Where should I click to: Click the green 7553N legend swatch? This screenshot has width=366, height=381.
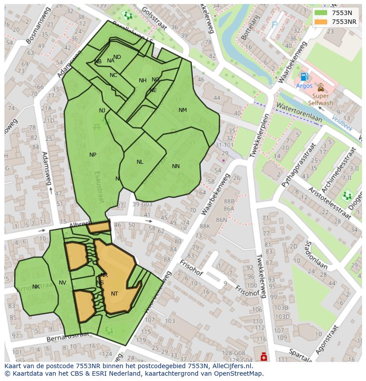tap(321, 13)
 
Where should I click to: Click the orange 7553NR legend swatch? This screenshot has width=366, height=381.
tap(321, 22)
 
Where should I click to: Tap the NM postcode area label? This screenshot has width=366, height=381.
tap(183, 110)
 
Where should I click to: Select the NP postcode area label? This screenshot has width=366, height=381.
tap(93, 155)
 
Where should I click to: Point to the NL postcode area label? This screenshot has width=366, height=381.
tap(140, 162)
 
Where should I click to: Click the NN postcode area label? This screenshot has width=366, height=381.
tap(176, 166)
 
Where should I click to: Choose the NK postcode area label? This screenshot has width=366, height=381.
tap(36, 287)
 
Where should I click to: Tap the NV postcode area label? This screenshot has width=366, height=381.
tap(62, 283)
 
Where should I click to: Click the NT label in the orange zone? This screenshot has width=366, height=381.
tap(114, 293)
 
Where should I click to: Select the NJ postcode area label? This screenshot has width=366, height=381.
tap(102, 111)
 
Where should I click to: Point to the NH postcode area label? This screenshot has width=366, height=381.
tap(142, 81)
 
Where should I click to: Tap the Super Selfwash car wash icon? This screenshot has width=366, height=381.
tap(320, 88)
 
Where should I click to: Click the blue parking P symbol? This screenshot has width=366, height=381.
tap(274, 25)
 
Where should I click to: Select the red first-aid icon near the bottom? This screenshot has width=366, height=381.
tap(264, 356)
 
